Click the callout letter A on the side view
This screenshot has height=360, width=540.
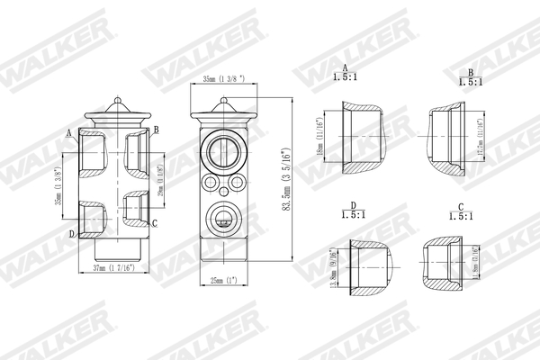click(69, 132)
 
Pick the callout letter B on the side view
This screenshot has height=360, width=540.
click(156, 130)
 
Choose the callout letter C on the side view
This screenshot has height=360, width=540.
click(155, 222)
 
